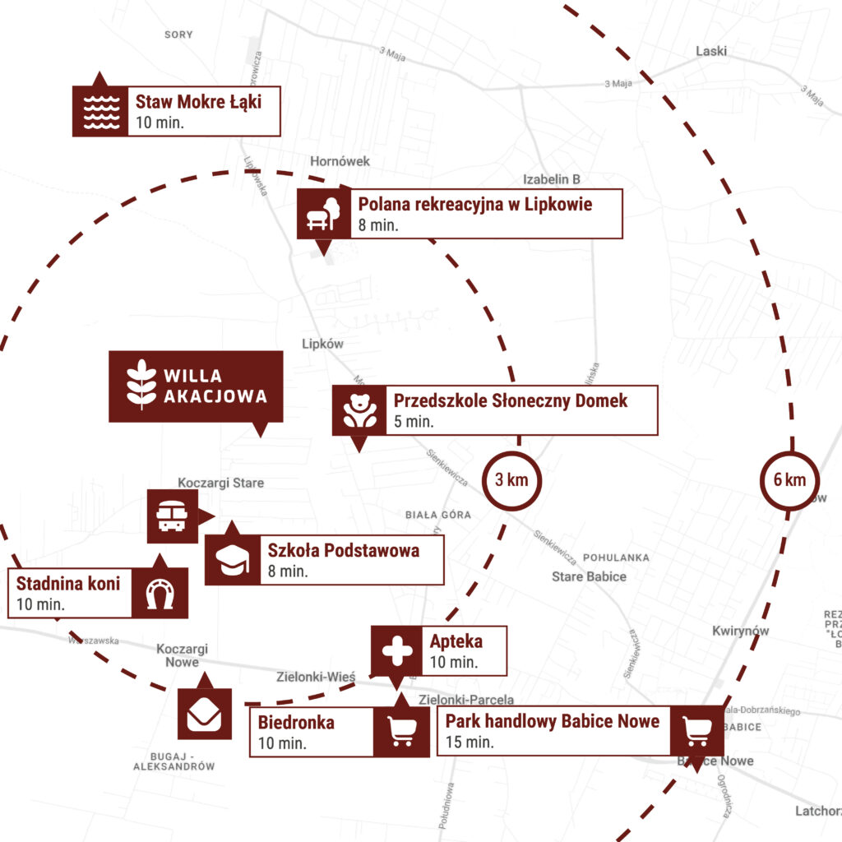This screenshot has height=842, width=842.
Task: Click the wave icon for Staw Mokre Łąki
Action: point(100,111)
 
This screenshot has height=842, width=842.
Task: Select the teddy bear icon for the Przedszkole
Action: point(359,410)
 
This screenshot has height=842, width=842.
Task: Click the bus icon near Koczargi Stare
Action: point(172,516)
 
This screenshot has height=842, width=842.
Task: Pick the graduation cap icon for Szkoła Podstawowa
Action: point(232,560)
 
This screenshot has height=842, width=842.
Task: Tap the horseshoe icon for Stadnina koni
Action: point(160,593)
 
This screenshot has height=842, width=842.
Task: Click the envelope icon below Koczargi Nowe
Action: point(204,714)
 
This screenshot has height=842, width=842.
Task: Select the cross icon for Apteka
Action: point(397,650)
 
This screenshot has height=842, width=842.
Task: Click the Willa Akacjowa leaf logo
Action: point(141,385)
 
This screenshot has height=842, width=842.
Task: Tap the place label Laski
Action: point(711,51)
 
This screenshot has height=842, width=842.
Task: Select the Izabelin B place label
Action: point(552,179)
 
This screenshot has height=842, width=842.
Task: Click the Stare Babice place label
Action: point(589,576)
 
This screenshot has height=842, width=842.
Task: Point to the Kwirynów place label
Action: point(740,631)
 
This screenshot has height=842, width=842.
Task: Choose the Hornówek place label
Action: point(340,161)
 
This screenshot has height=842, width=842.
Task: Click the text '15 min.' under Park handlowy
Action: point(470,742)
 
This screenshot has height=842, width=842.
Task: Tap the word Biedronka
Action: point(296,724)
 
